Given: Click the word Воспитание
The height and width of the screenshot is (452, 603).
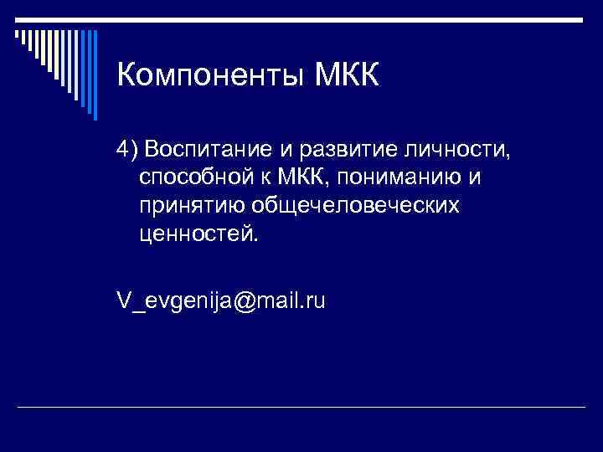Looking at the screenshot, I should click(203, 149).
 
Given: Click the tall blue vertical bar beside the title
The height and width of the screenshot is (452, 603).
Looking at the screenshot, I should click(94, 74).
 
